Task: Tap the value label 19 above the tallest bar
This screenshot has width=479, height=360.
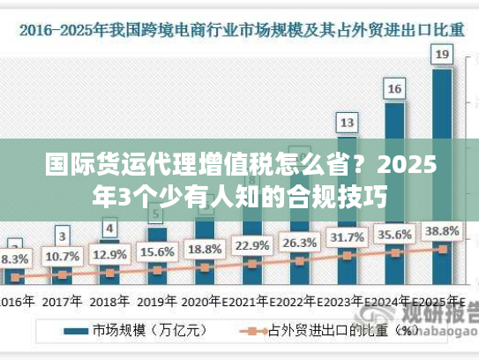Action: [442, 55]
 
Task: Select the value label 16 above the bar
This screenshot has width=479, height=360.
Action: [394, 88]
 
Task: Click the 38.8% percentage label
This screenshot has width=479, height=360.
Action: [442, 231]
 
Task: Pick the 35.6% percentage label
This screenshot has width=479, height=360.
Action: [394, 235]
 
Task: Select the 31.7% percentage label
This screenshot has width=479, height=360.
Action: [347, 237]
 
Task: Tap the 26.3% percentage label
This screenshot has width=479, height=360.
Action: [299, 242]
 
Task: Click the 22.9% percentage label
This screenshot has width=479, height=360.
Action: [252, 245]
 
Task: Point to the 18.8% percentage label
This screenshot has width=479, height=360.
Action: [205, 249]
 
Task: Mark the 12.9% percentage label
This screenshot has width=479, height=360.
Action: [109, 255]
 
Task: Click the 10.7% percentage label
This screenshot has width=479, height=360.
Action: [62, 257]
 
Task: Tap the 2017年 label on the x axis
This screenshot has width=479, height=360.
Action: [62, 300]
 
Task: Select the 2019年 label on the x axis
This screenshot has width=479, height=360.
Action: [157, 300]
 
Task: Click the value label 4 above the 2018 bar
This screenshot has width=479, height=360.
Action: [109, 229]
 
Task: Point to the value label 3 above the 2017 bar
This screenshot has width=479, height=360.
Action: [62, 236]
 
